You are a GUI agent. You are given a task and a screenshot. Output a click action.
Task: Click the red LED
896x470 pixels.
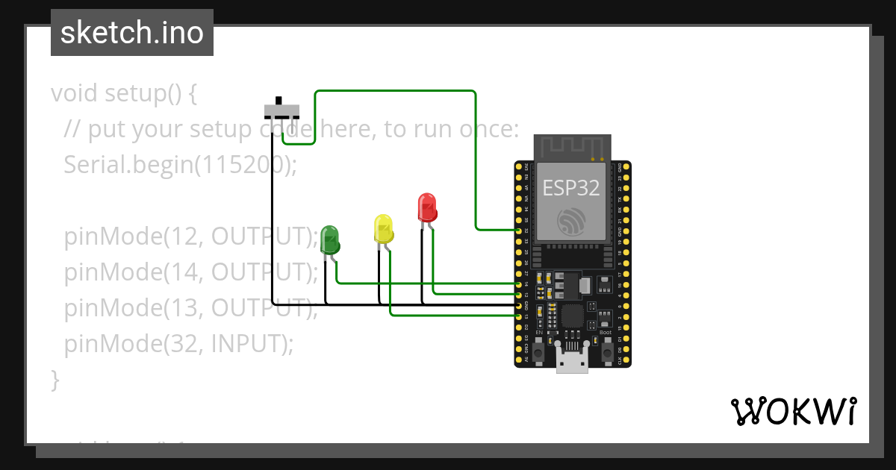(426, 207)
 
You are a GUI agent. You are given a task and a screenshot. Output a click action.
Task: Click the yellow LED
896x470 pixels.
(383, 228)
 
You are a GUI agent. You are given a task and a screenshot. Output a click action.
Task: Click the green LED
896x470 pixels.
(329, 238)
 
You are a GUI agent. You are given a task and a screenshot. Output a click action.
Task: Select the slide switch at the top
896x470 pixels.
(281, 110)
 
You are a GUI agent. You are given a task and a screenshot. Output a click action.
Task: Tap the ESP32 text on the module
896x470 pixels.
(571, 188)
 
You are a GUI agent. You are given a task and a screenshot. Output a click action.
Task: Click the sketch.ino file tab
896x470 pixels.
(132, 33)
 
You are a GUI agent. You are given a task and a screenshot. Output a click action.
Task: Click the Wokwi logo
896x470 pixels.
(793, 411)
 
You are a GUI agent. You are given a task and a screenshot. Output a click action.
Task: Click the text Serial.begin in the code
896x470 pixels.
(125, 164)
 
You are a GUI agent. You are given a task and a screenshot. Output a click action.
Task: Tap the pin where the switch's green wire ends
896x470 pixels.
(519, 231)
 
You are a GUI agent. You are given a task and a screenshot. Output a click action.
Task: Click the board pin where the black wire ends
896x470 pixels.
(519, 306)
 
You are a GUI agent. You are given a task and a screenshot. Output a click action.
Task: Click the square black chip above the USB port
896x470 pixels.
(572, 316)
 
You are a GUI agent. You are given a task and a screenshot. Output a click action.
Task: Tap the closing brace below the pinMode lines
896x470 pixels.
(55, 379)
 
